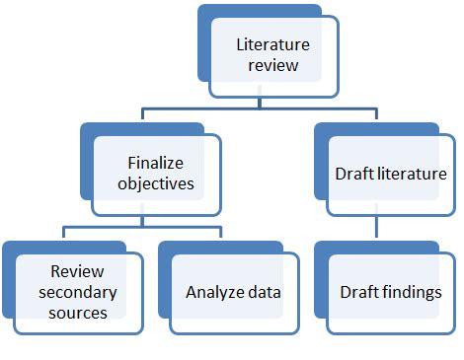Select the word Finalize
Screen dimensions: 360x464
(x=156, y=161)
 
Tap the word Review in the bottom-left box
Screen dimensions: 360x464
(x=69, y=269)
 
